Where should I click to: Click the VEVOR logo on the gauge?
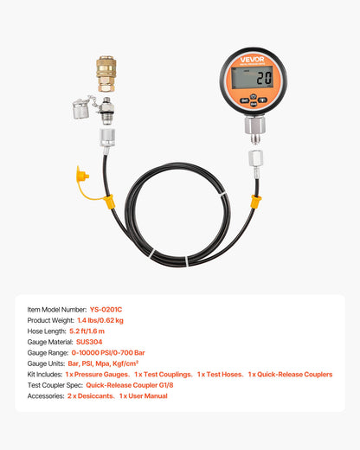point(255,60)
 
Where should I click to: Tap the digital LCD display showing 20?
point(254,79)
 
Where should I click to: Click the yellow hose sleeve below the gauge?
point(255,202)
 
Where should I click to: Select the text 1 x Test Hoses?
point(219,374)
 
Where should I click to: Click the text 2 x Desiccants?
point(90,395)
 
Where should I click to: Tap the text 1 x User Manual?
point(144,395)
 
